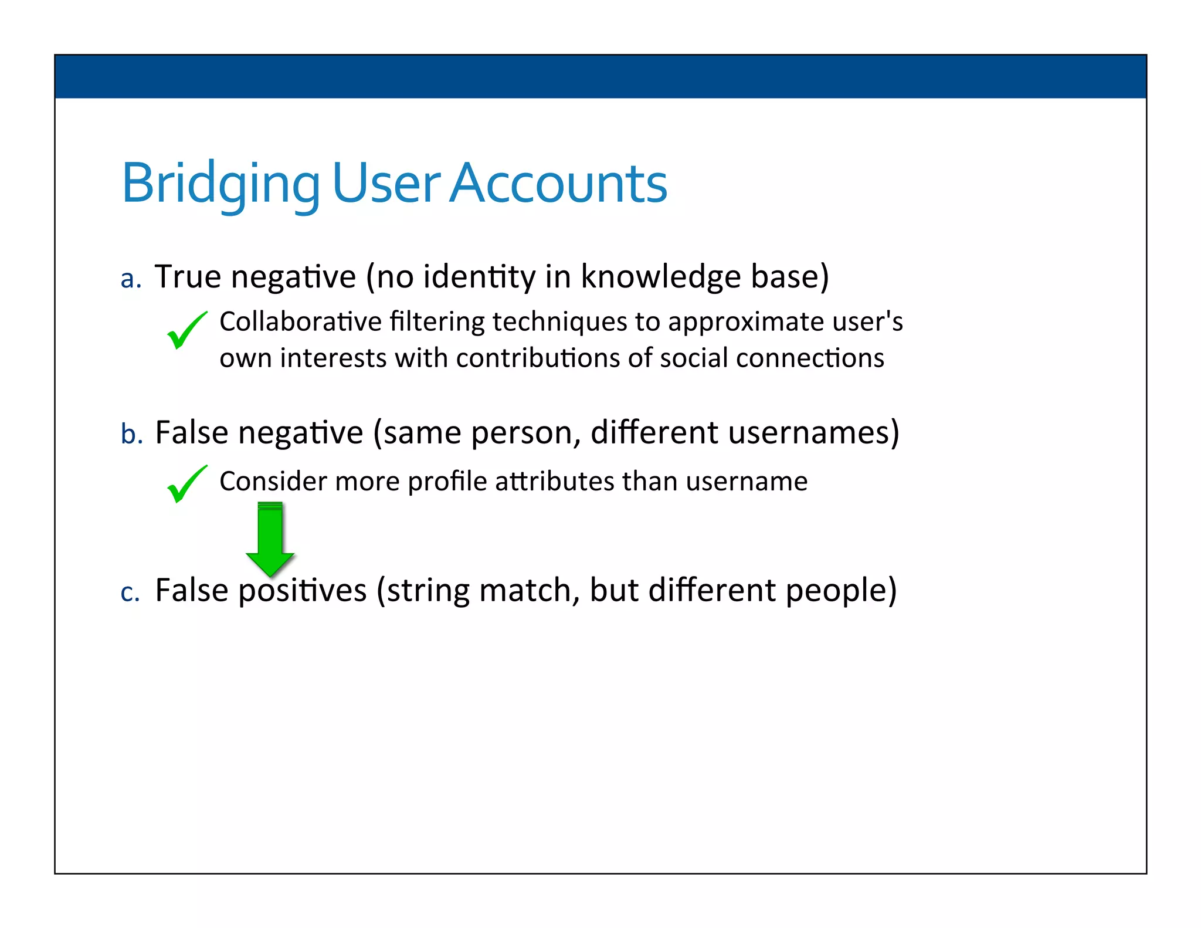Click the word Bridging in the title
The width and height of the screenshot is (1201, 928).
[x=220, y=183]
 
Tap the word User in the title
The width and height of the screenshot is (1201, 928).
[x=385, y=183]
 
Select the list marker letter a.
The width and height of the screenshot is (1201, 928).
[x=131, y=279]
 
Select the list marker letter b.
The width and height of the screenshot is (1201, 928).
[x=131, y=434]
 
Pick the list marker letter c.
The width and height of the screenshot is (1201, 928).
[x=130, y=592]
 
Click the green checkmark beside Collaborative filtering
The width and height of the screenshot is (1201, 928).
[x=186, y=330]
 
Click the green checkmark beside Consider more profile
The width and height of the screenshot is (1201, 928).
[x=186, y=484]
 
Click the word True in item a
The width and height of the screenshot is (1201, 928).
[x=188, y=276]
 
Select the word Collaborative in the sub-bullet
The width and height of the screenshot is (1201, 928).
[x=300, y=321]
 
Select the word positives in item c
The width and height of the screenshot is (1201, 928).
[x=302, y=590]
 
